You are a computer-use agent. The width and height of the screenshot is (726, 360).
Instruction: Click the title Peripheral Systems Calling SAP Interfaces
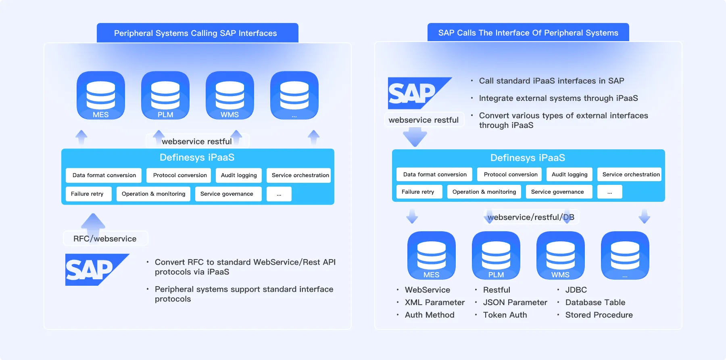(196, 33)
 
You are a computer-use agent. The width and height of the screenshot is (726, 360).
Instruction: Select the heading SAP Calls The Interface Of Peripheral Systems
(528, 33)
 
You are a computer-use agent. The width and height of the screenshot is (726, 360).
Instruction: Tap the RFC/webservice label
(105, 239)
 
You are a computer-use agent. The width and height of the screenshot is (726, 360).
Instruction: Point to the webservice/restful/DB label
(531, 217)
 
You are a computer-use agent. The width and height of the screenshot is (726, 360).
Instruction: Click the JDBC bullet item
(576, 290)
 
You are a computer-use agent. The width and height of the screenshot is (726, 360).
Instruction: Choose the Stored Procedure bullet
(599, 315)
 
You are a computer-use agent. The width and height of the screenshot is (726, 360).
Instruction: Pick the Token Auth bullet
(505, 315)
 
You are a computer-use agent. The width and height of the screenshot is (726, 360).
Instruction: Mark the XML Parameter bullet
(435, 302)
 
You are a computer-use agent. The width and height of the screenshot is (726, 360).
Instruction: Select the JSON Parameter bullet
(515, 302)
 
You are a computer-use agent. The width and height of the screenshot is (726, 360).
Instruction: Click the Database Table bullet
(595, 302)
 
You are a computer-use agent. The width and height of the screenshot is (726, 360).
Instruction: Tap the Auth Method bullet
(430, 315)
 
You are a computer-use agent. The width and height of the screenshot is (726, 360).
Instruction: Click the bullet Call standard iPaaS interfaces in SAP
(551, 81)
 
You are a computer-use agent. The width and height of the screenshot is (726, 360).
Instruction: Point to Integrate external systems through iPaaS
(558, 98)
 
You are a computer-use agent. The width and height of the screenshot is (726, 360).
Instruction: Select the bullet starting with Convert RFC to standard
(245, 267)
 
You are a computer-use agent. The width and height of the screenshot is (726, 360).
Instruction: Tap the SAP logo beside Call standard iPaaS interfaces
(420, 93)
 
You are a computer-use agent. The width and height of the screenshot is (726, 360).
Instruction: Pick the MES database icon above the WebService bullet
(432, 255)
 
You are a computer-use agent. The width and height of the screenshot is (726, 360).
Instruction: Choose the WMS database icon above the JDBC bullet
(561, 255)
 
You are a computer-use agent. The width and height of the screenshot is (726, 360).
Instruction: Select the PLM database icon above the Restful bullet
(496, 255)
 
